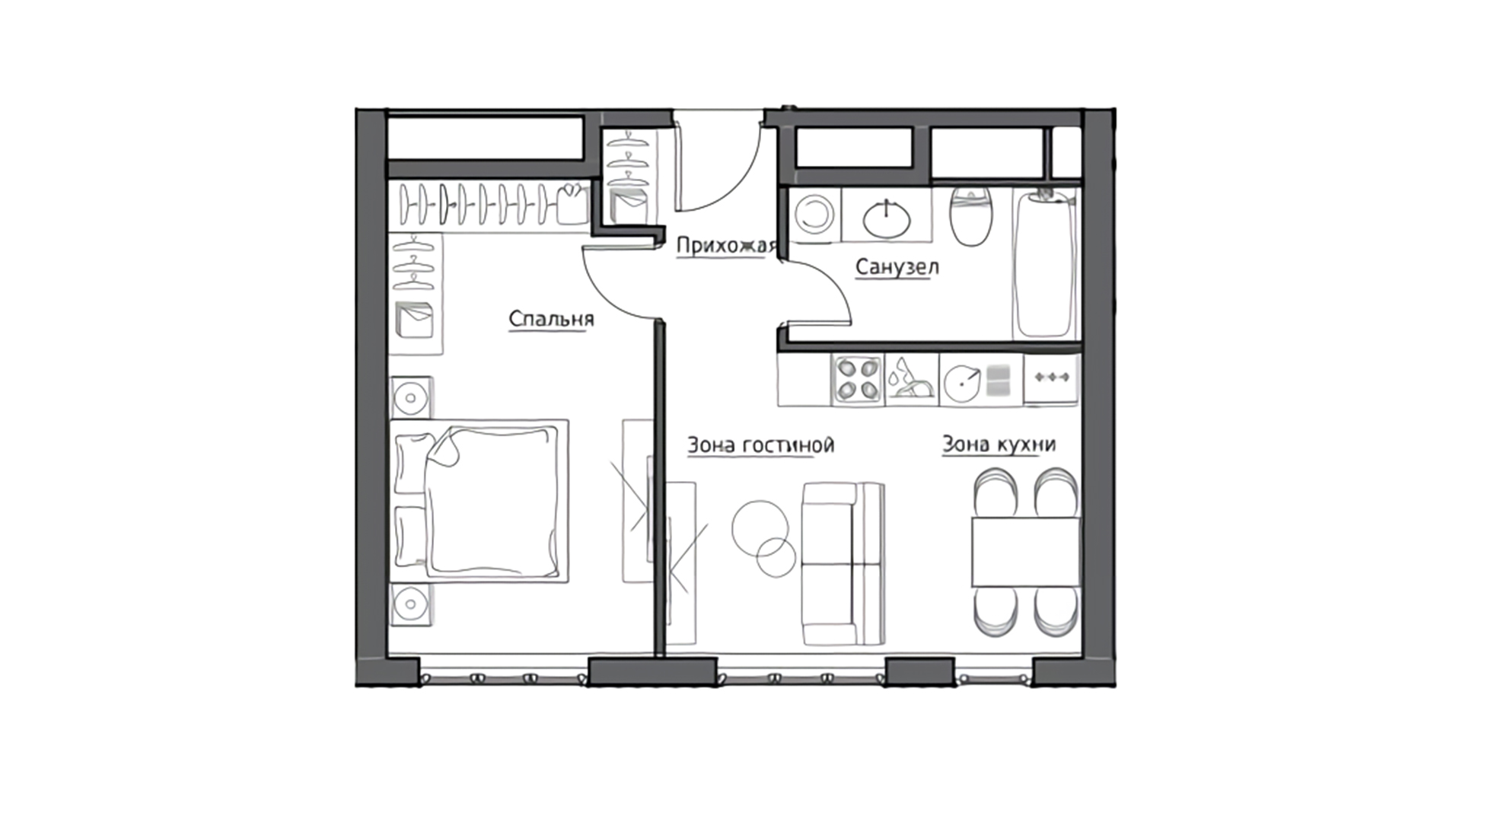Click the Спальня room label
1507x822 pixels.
[551, 319]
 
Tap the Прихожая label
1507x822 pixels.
[725, 245]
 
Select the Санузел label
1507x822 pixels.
[897, 267]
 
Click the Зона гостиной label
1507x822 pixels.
[760, 444]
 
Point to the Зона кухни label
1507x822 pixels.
[999, 444]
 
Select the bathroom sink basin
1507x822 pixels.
[887, 218]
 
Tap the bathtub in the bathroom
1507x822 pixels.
[1044, 263]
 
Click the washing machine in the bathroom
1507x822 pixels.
[815, 215]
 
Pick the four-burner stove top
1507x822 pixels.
[858, 379]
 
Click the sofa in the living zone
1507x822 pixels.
[843, 563]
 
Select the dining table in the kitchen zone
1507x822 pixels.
[1025, 552]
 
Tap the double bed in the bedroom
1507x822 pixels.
[479, 502]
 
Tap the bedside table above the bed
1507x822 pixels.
[412, 397]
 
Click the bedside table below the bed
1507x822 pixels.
[412, 605]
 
